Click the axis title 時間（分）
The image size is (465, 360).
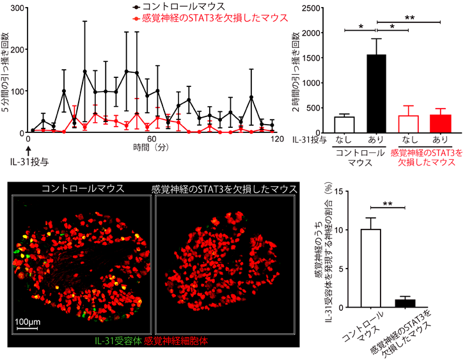tap(152, 148)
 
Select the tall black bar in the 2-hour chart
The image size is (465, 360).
tap(376, 93)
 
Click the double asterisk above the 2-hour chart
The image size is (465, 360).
tap(407, 19)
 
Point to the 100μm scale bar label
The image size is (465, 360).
tap(30, 320)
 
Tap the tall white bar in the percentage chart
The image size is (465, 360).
tap(372, 269)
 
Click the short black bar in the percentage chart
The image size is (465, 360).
tap(404, 304)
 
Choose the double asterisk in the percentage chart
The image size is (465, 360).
tap(388, 204)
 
